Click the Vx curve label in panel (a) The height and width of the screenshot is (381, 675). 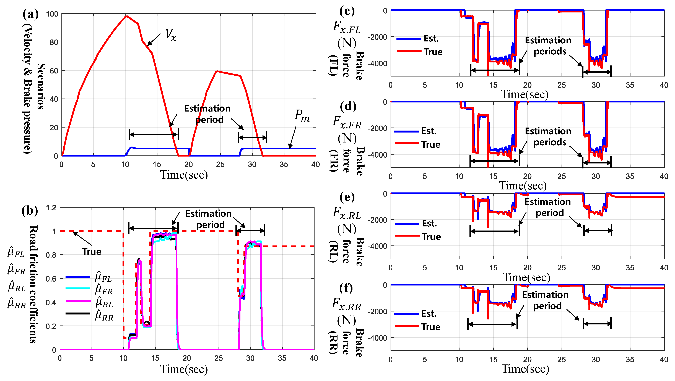click(171, 35)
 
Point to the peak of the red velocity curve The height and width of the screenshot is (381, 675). click(127, 16)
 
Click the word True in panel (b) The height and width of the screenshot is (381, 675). click(92, 252)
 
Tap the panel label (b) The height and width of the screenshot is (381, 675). click(30, 211)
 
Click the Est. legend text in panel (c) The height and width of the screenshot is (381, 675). click(431, 38)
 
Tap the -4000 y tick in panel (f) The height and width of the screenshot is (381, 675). click(377, 338)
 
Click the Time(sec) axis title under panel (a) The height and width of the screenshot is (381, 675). click(184, 175)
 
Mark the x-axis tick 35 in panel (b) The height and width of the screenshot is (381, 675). click(282, 358)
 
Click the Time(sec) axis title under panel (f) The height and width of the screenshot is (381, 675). click(525, 369)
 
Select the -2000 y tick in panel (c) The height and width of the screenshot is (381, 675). click(377, 37)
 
